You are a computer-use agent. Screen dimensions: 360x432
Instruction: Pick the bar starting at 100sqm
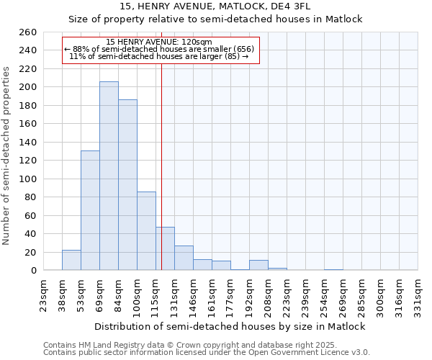[146, 230]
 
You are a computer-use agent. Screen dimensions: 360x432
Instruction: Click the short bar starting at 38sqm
[71, 260]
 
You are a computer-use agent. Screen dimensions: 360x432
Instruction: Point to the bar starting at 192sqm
[258, 265]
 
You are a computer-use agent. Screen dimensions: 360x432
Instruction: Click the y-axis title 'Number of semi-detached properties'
[7, 155]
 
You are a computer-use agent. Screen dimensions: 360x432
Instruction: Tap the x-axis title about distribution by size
[230, 326]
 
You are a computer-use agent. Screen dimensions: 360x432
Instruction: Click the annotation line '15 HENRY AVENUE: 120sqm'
[158, 42]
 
